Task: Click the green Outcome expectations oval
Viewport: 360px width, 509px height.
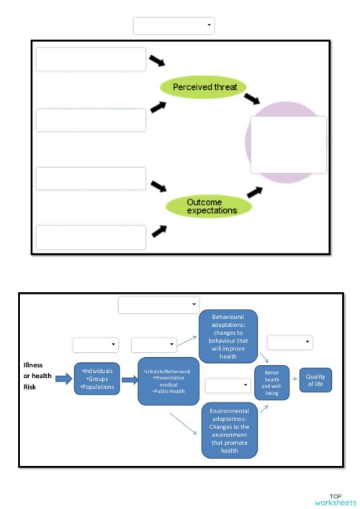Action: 209,207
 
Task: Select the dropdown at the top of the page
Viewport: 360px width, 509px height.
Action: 174,26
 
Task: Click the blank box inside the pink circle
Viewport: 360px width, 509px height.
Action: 288,145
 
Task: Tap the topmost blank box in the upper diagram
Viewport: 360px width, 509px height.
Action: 91,60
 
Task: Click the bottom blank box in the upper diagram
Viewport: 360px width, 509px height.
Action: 91,237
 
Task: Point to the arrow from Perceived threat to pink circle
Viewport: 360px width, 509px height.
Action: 252,98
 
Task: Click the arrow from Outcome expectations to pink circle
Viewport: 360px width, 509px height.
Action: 253,192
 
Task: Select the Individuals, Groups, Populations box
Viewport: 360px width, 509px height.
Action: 96,379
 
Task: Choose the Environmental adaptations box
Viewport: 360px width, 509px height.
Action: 229,431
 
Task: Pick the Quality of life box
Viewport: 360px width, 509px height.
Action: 315,380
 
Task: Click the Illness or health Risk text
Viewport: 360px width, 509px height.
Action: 33,376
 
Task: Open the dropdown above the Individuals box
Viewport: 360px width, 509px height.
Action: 95,345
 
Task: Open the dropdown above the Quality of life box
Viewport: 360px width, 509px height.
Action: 289,342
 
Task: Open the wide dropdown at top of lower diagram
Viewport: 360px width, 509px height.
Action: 158,305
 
